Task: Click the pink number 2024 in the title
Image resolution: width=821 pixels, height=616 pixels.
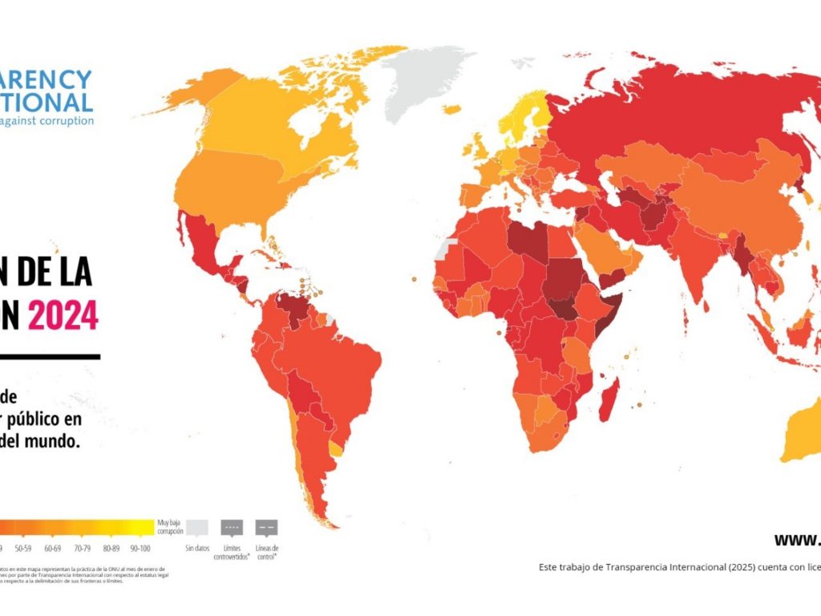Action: coord(63,315)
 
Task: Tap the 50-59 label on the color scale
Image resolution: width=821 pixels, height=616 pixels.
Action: coord(23,549)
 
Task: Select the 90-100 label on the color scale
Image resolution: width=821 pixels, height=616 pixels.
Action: coord(140,549)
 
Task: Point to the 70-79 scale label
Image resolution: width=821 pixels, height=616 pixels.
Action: coord(82,549)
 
